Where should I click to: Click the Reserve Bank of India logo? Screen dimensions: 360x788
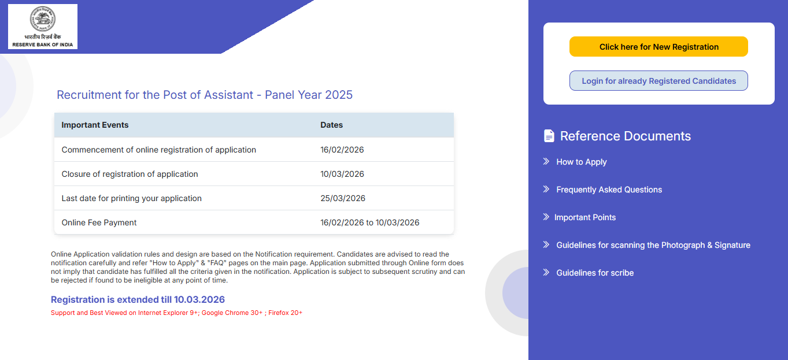(x=43, y=27)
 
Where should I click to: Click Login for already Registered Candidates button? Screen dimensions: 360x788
(x=658, y=81)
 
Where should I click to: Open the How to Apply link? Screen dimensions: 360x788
(x=581, y=162)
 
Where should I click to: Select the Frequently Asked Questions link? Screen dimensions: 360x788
(x=609, y=190)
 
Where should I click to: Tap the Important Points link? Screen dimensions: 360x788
(x=584, y=217)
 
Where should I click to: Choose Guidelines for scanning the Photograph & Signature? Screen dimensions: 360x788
(x=653, y=245)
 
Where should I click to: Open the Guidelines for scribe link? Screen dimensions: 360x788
(x=594, y=273)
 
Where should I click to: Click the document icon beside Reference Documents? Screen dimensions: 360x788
(x=549, y=136)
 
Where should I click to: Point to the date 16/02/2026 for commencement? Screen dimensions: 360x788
(x=342, y=150)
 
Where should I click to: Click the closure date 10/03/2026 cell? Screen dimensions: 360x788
(x=342, y=174)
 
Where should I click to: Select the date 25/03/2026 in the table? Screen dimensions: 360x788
(x=343, y=198)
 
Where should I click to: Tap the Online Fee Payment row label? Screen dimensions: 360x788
(x=99, y=222)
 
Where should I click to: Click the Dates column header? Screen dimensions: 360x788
(x=332, y=125)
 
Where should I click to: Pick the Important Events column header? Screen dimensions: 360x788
(x=95, y=125)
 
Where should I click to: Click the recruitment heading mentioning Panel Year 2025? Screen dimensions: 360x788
(x=205, y=95)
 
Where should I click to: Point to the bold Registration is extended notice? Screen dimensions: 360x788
(x=138, y=299)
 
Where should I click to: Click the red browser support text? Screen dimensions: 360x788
(x=176, y=313)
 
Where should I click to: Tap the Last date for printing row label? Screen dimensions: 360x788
(x=132, y=198)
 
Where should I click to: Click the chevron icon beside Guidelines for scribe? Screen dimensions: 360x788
(x=546, y=272)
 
